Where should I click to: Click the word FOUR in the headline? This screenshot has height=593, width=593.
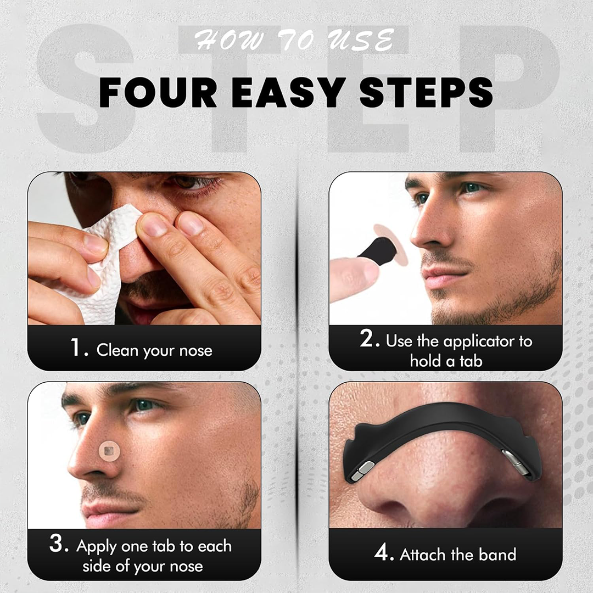158,93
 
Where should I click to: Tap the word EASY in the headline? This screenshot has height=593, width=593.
288,93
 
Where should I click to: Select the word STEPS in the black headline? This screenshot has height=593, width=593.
426,93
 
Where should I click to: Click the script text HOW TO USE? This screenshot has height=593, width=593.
294,40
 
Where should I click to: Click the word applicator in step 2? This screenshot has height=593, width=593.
479,342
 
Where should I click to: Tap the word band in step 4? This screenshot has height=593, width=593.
497,555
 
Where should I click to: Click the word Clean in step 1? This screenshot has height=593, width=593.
118,350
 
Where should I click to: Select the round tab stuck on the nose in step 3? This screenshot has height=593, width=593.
109,450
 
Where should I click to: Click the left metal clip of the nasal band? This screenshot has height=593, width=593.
362,472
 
